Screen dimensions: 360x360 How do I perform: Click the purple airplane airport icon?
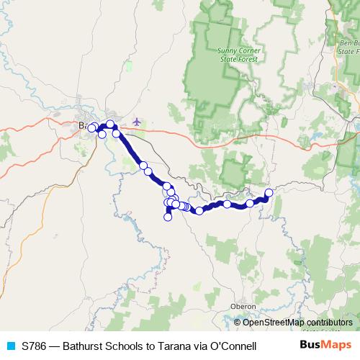(138, 120)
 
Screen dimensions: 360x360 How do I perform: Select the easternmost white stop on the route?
(269, 192)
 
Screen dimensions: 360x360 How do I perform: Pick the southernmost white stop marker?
(168, 217)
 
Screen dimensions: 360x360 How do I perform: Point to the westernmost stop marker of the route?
(91, 128)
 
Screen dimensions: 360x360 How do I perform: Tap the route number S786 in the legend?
(36, 346)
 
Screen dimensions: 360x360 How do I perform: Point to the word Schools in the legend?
(127, 346)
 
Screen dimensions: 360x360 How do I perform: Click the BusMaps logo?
(326, 345)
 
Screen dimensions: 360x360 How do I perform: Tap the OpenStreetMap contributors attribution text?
(298, 323)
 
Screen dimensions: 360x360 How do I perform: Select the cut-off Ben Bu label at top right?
(348, 43)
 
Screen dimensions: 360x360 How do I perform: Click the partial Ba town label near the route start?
(82, 126)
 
